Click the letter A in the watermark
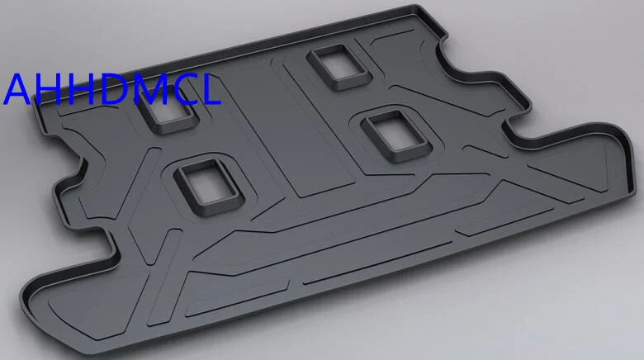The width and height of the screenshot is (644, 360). [x=18, y=89]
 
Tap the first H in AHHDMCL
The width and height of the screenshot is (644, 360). [x=48, y=89]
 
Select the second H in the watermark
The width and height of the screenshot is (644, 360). [x=80, y=89]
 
